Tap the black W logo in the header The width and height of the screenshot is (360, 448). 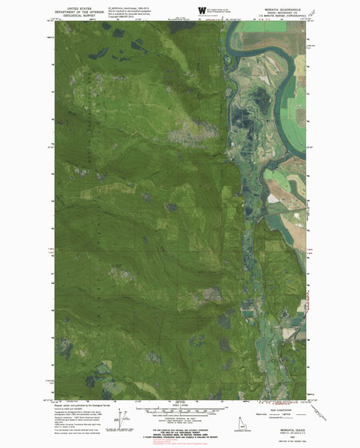tap(201, 10)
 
